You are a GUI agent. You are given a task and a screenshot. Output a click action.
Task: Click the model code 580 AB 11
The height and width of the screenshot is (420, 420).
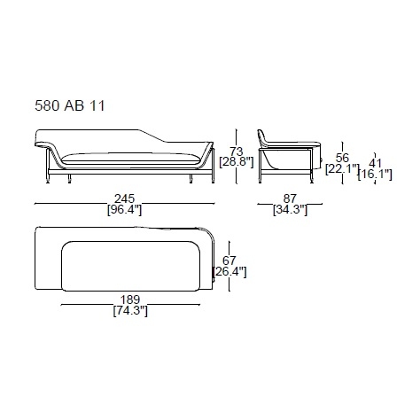pos(70,106)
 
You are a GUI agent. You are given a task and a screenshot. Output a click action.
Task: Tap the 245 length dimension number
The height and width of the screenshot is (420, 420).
pos(124,198)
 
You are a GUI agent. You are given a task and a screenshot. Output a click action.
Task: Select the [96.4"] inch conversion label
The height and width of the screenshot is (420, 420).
pos(124,210)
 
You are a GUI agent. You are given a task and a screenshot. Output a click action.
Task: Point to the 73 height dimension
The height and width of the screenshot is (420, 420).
pos(237,152)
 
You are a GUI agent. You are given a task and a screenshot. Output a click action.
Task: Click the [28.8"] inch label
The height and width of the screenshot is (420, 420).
pos(237,162)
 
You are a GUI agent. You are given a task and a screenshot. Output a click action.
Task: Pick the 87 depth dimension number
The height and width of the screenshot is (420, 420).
pos(290,198)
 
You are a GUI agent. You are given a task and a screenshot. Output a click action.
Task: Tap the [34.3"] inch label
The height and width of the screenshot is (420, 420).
pos(290,210)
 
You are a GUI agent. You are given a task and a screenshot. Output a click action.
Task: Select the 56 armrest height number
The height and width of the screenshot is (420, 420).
pos(342,158)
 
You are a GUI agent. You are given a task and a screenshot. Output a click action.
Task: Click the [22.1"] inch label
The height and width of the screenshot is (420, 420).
pos(342,169)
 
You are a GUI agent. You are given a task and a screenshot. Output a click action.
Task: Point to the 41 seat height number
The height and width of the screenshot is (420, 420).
pos(375,163)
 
